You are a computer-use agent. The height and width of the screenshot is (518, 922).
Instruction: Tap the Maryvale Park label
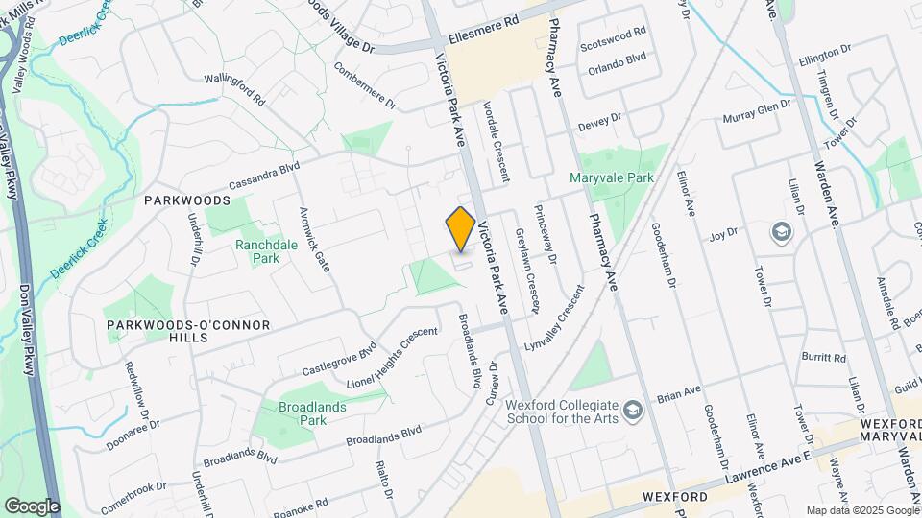click(611, 177)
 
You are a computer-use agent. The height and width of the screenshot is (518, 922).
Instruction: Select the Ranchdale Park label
click(257, 251)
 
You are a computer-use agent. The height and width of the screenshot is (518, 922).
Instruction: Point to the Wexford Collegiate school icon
click(633, 412)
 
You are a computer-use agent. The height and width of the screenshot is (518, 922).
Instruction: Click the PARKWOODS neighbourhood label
click(187, 200)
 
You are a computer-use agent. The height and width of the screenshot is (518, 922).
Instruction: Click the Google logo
click(32, 506)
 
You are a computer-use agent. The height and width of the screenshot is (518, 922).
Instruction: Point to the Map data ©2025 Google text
click(861, 510)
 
